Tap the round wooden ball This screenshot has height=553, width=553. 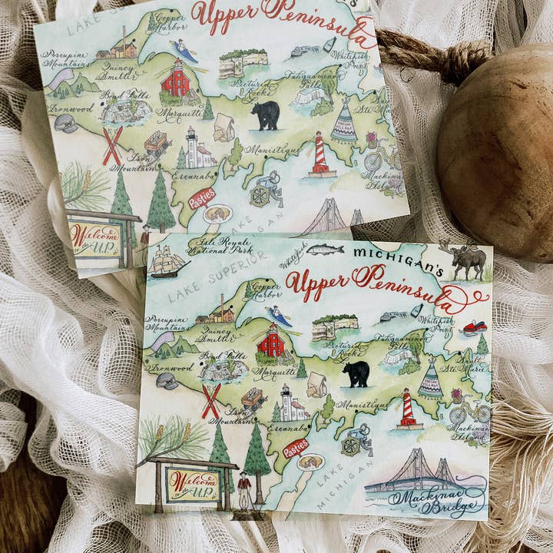click(499, 146)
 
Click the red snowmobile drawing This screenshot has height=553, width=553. click(474, 328)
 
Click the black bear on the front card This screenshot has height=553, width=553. click(356, 373)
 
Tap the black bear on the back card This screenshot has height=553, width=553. click(266, 115)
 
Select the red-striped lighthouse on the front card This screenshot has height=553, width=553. click(409, 409)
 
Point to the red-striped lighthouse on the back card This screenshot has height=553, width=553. click(320, 154)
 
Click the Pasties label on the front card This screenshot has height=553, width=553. click(295, 448)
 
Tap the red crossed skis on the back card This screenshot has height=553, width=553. click(112, 146)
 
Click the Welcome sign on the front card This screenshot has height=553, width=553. click(189, 484)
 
